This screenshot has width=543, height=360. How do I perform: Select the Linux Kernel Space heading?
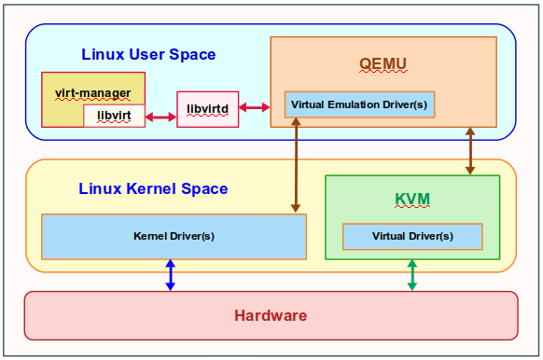point(153,188)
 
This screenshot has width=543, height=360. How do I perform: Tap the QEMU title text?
point(383,63)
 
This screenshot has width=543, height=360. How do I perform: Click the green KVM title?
point(411,200)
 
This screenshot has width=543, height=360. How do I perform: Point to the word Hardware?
point(271,315)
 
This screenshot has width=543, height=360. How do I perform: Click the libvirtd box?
point(207,109)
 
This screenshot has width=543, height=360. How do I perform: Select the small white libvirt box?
point(114,116)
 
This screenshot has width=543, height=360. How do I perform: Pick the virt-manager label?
point(93,92)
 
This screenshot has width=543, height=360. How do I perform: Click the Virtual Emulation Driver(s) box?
point(359,104)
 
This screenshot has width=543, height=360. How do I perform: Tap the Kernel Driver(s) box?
point(174,236)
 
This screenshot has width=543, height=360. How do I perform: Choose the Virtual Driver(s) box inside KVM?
point(412,236)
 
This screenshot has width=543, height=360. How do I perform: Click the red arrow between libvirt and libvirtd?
point(160,117)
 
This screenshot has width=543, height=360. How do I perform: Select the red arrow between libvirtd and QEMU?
point(253,108)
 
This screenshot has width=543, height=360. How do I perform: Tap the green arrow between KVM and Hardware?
point(411,275)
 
